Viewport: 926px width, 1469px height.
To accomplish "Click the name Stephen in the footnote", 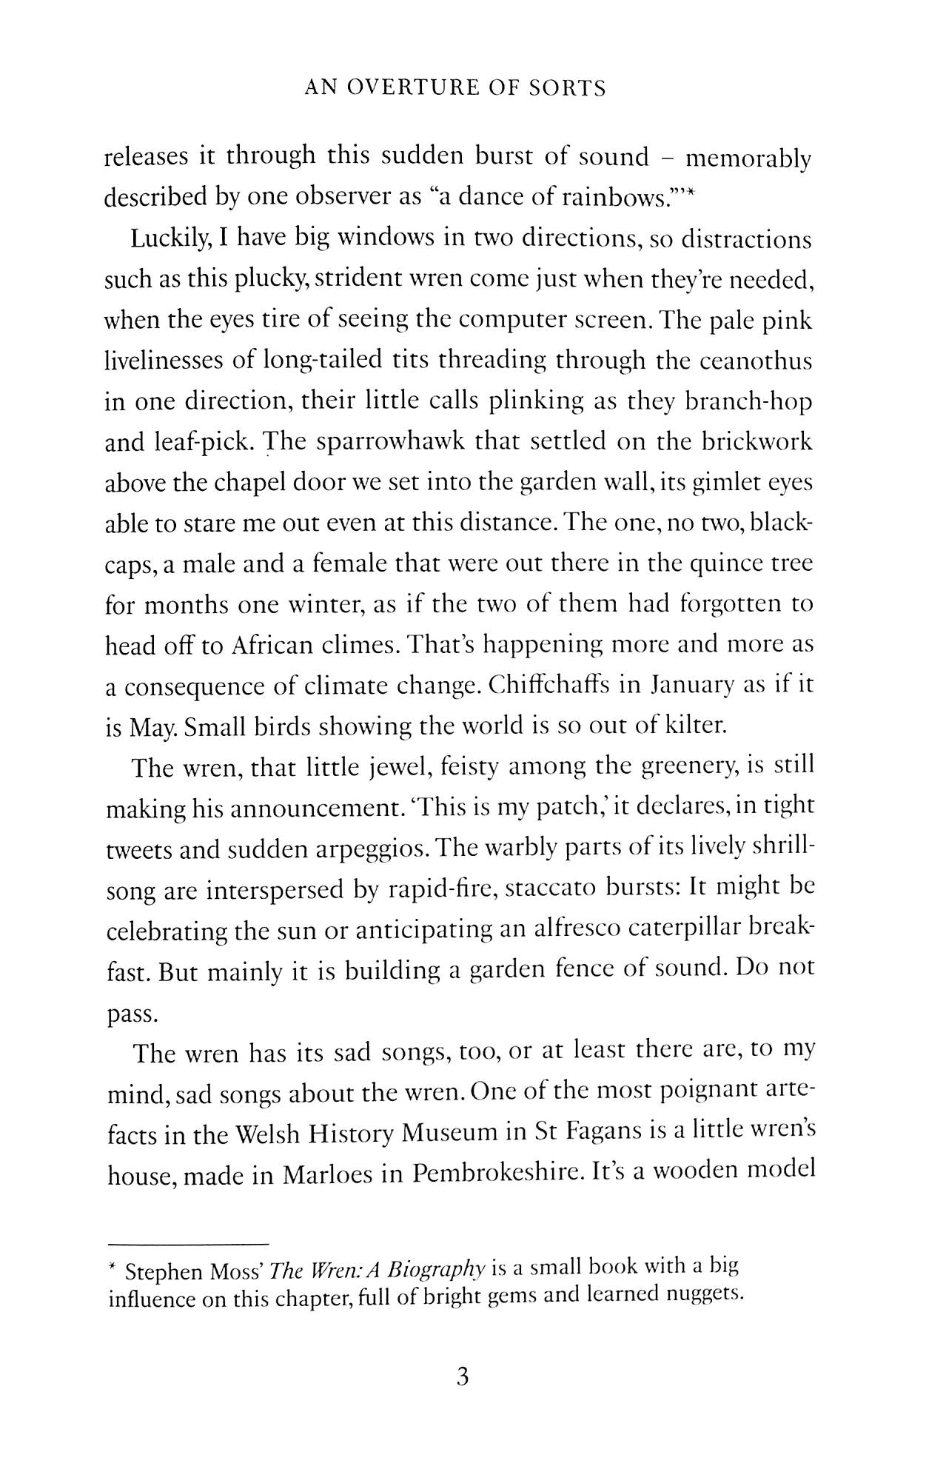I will coord(163,1273).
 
